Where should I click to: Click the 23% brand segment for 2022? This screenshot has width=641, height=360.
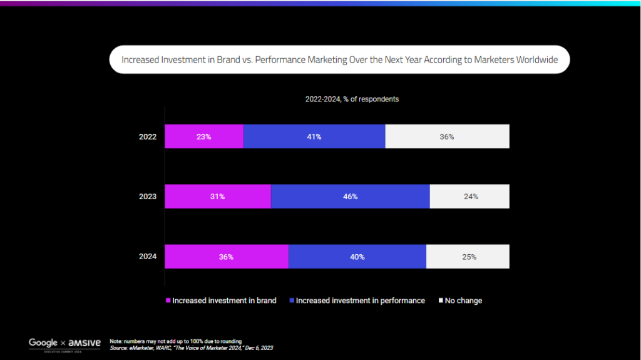(205, 136)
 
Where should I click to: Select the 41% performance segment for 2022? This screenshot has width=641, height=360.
(314, 136)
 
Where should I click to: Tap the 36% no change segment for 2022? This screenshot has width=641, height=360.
(447, 136)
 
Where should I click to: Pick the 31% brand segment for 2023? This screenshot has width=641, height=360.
(218, 197)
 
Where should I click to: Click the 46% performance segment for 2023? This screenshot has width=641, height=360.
(351, 197)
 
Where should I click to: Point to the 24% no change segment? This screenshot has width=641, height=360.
(469, 197)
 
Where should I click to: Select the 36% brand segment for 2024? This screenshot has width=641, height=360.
(227, 257)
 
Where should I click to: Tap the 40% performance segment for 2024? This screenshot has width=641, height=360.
(357, 257)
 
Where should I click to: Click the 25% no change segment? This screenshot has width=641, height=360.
(468, 257)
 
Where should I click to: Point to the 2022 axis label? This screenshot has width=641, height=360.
(148, 136)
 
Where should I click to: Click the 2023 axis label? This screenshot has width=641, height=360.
(148, 197)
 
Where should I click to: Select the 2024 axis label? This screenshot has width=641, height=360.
(148, 257)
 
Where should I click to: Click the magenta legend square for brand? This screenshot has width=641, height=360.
(168, 301)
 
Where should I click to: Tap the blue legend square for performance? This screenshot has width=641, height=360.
(292, 301)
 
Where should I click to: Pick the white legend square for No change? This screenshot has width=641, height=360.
(441, 301)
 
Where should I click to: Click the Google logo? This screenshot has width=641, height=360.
(43, 343)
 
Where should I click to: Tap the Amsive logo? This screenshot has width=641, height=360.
(85, 343)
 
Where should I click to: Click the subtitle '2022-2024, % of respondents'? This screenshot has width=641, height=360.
(352, 99)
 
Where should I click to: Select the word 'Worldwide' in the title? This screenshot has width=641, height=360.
(536, 59)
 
